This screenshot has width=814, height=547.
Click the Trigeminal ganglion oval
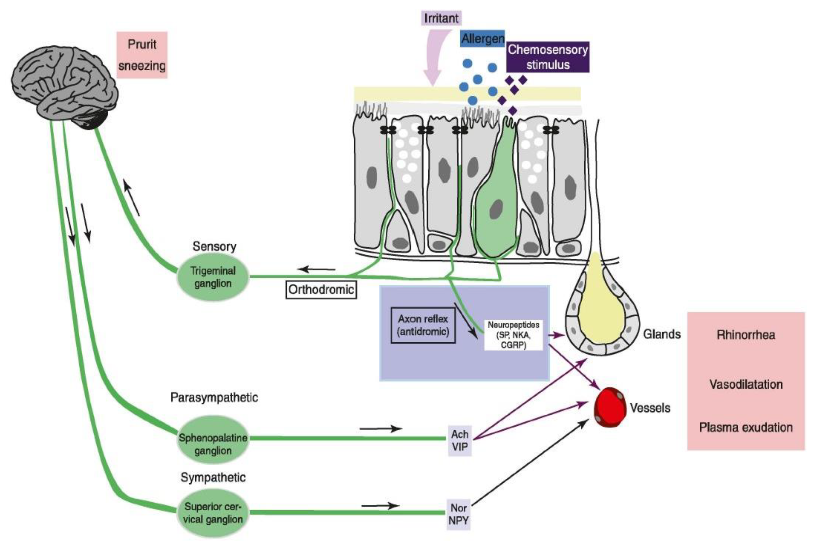[213, 277]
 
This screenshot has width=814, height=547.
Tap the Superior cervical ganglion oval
[213, 513]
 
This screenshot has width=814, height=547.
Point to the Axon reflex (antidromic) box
[423, 325]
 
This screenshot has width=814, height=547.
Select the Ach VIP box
[459, 441]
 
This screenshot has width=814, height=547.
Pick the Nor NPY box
[458, 514]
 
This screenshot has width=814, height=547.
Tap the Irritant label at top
[441, 18]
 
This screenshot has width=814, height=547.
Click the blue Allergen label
[483, 39]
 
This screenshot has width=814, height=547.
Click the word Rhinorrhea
[746, 335]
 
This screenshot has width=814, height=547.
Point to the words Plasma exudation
[746, 427]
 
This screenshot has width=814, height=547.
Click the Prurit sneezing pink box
[142, 55]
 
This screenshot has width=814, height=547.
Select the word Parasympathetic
[214, 397]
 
